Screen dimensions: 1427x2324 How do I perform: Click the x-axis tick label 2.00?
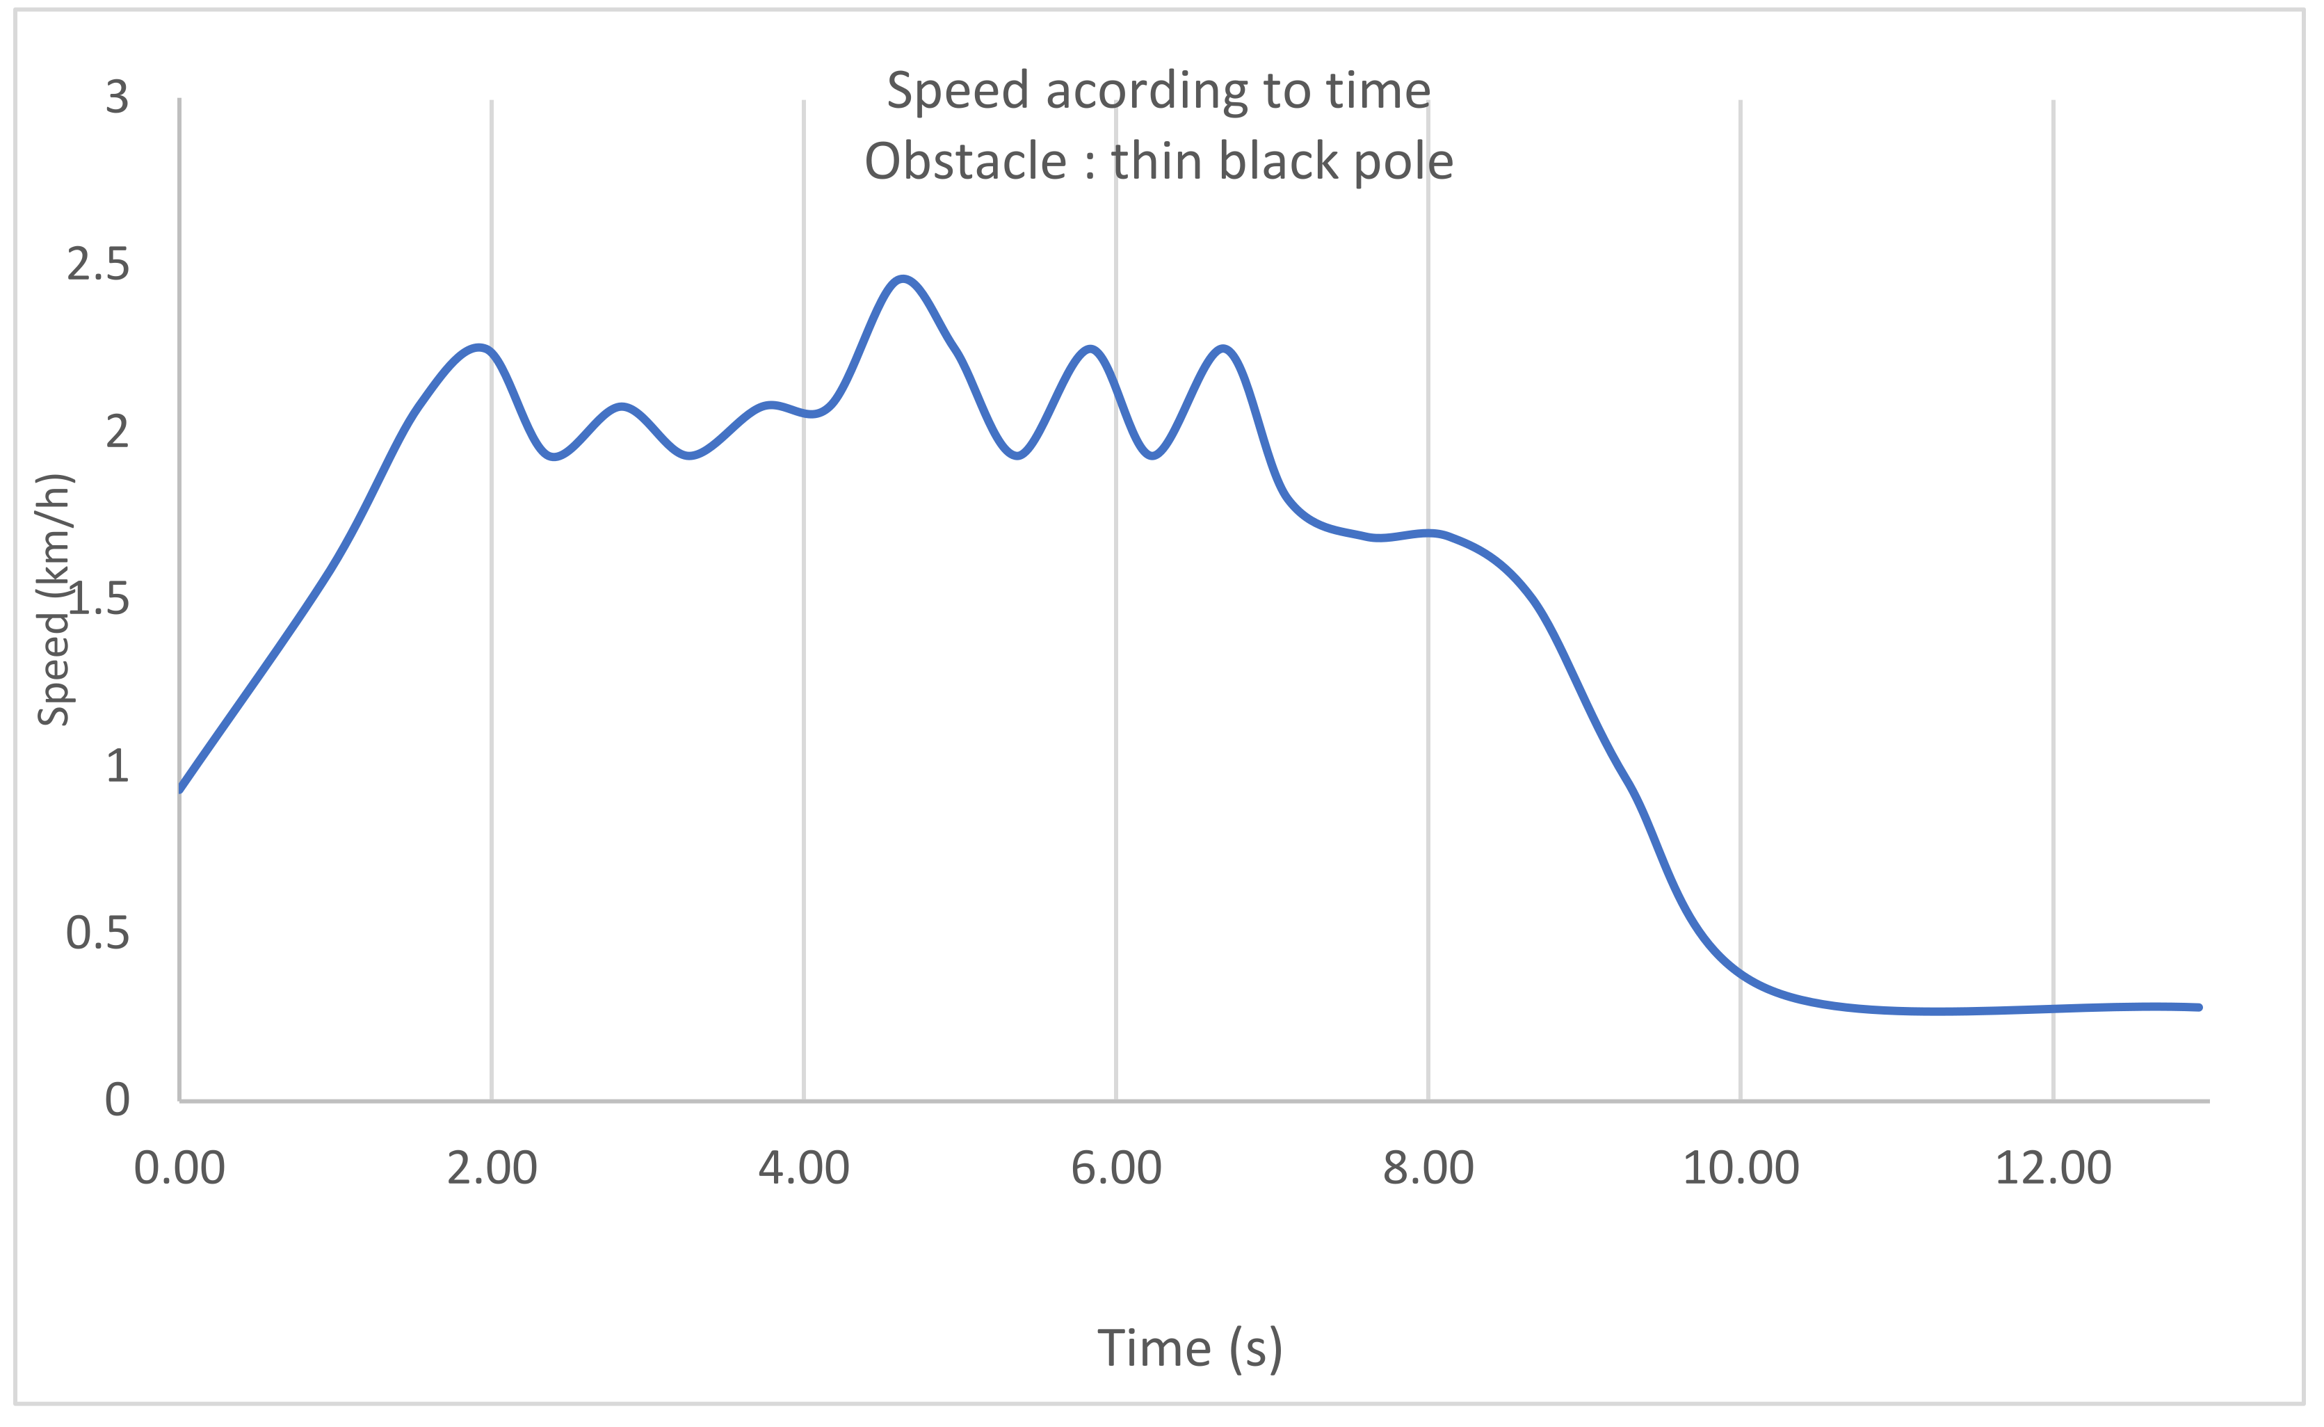click(x=492, y=1168)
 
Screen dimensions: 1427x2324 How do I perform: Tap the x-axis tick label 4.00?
click(x=804, y=1168)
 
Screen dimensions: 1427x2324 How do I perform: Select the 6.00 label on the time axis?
click(x=1116, y=1168)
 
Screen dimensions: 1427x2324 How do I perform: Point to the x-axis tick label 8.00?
click(x=1428, y=1168)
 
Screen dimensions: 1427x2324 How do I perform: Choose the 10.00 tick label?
click(x=1741, y=1168)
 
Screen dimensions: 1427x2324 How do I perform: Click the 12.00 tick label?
click(x=2053, y=1168)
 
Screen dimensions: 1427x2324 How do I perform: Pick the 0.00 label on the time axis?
click(x=179, y=1168)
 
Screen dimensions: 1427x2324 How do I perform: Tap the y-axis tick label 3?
click(x=117, y=97)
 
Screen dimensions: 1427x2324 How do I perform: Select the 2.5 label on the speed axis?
click(x=98, y=264)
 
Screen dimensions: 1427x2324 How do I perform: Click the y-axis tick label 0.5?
click(x=98, y=933)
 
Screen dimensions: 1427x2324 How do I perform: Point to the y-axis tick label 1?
click(x=117, y=766)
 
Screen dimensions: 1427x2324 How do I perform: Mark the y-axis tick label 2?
click(x=117, y=431)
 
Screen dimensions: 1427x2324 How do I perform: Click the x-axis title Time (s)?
click(x=1190, y=1348)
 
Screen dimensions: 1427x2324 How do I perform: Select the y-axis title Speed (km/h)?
click(x=54, y=600)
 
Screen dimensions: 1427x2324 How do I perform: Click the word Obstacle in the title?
click(x=965, y=161)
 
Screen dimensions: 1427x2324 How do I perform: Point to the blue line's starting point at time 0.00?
click(x=180, y=788)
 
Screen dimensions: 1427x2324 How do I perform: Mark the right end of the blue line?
click(x=2200, y=1008)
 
